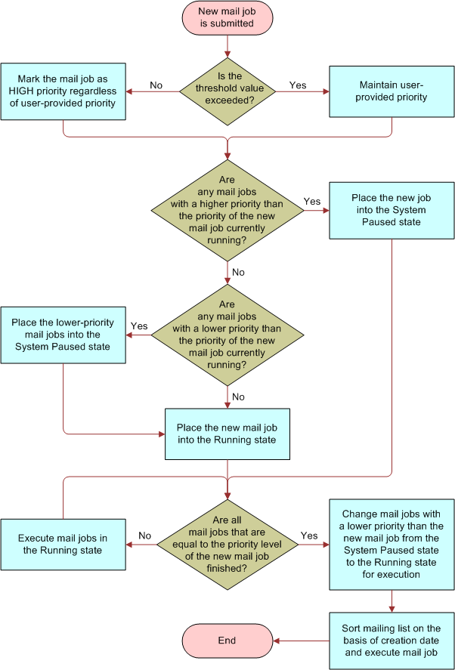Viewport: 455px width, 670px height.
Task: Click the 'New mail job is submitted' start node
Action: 226,17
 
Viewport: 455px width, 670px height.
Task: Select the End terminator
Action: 227,641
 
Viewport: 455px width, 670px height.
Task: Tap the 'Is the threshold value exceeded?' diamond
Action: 227,91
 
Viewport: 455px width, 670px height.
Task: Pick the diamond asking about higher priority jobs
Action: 227,210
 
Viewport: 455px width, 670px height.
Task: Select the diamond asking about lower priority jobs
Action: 227,335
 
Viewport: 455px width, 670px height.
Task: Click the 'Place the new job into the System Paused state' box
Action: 392,210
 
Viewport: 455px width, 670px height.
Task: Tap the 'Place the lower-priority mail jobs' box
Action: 63,335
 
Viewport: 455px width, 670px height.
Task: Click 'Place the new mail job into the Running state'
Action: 227,434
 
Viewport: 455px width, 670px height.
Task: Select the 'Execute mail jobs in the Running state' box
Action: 63,544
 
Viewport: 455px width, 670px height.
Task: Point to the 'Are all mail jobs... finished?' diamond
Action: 227,544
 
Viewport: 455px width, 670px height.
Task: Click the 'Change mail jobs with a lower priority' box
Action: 392,544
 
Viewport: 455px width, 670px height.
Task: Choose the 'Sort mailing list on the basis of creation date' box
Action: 392,641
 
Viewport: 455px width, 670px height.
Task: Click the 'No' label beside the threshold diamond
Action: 156,85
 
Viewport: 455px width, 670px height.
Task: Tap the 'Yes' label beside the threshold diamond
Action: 298,85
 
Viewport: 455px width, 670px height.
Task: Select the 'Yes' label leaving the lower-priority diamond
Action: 139,326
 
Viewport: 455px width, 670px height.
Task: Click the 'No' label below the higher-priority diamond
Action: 238,272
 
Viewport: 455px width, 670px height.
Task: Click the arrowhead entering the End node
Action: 277,641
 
